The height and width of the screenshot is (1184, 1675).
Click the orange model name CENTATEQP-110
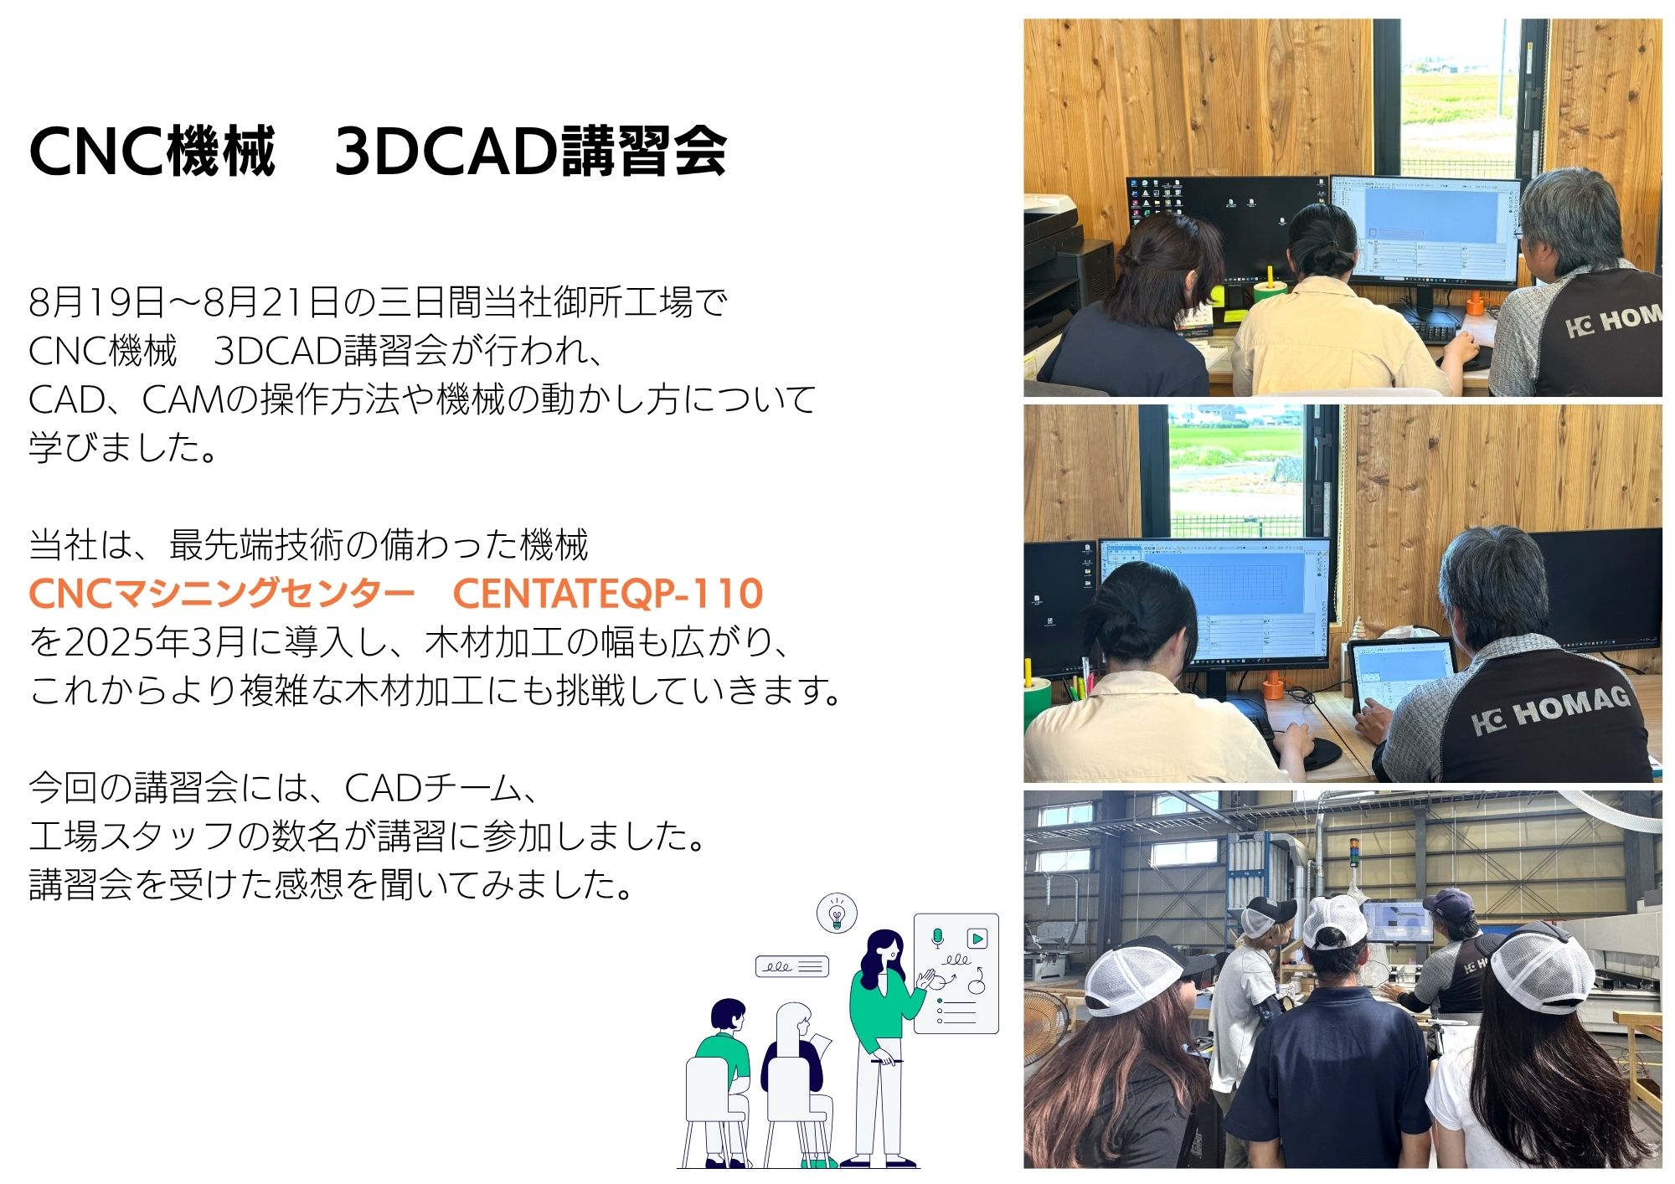click(x=607, y=594)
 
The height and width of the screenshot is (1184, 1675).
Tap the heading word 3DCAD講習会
click(x=530, y=152)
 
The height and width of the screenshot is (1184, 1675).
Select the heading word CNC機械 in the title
click(x=152, y=152)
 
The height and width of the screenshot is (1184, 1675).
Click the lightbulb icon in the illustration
click(x=836, y=913)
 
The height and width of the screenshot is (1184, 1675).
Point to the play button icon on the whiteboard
click(x=977, y=938)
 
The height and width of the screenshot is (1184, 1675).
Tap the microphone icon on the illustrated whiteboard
click(x=938, y=938)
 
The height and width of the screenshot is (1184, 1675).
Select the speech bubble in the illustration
click(x=792, y=966)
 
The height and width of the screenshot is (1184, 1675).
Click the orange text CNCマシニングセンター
click(x=222, y=594)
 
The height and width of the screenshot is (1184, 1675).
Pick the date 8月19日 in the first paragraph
click(x=96, y=302)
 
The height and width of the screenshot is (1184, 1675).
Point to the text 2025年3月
click(x=154, y=642)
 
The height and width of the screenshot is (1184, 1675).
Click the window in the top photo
click(x=1458, y=98)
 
